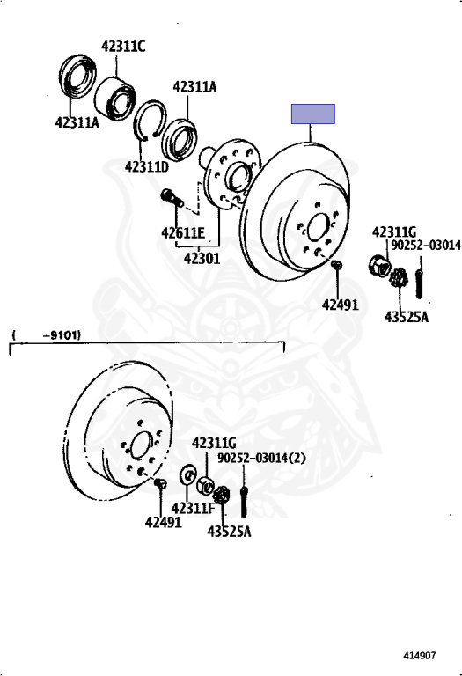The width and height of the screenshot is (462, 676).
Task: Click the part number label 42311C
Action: (123, 46)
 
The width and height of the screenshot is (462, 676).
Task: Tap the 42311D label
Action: (147, 166)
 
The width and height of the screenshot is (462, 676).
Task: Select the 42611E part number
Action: (183, 232)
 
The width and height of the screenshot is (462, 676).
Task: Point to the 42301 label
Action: (202, 259)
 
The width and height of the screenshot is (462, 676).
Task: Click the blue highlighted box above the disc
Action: (313, 114)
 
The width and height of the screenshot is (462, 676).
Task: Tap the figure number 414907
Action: (420, 655)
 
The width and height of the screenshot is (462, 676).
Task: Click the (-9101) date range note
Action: (46, 335)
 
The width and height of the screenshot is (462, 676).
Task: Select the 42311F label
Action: (193, 509)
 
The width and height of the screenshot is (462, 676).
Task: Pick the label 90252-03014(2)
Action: (261, 458)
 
